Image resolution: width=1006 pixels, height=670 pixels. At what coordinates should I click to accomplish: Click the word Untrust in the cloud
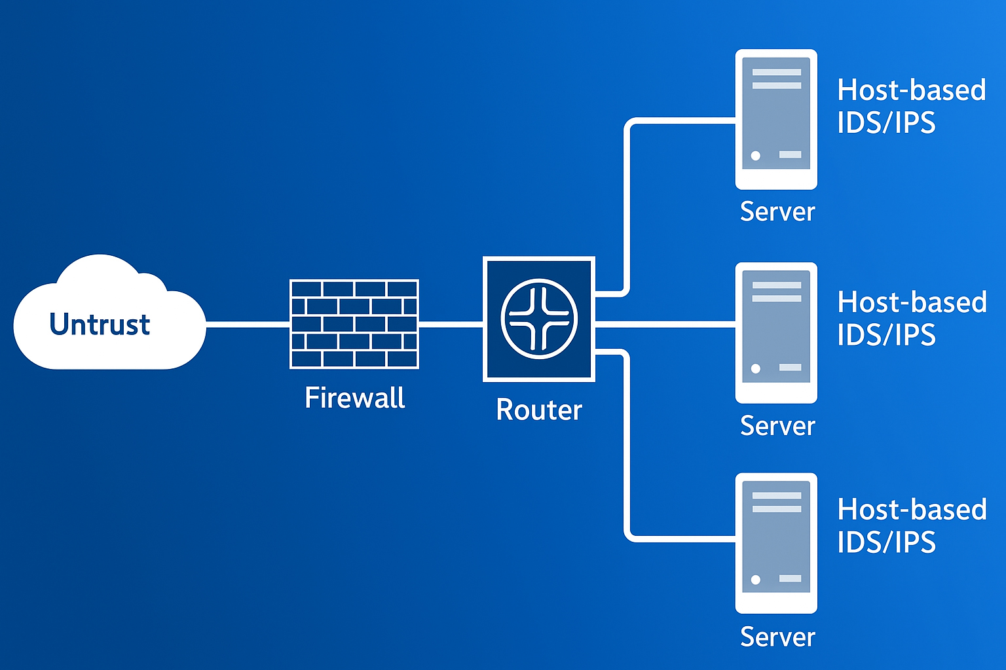(100, 324)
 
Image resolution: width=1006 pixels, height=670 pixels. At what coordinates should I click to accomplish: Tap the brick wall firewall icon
(354, 323)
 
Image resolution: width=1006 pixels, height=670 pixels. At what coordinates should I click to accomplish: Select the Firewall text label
(355, 398)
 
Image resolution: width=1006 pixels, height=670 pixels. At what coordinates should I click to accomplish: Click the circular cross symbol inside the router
(539, 319)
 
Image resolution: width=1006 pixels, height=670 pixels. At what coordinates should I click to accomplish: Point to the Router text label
(539, 410)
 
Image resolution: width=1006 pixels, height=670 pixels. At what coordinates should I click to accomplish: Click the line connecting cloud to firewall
(248, 324)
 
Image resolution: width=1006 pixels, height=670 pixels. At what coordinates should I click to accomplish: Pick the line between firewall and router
(451, 324)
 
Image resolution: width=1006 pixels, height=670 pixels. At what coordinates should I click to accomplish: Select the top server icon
(776, 119)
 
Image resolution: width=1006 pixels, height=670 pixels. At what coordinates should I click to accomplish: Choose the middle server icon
(776, 332)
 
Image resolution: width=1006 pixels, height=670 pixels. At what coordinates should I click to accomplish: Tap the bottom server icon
(776, 543)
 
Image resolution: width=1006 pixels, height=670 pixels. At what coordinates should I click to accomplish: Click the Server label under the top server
(777, 212)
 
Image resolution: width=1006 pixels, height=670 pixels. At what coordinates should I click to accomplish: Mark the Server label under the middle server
(777, 426)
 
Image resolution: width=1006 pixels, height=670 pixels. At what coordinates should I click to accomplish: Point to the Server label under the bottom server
(777, 637)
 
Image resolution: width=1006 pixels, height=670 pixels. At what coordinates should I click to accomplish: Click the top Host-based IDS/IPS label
(911, 106)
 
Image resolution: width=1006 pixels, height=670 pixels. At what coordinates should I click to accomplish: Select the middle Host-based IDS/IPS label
(911, 319)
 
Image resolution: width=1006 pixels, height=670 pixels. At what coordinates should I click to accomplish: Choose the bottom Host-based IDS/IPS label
(911, 526)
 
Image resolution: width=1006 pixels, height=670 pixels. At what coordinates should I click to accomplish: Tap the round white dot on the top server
(756, 156)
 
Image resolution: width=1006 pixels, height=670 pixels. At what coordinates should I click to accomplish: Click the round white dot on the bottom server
(756, 580)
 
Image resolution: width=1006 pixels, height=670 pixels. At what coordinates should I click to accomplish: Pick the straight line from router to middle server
(665, 324)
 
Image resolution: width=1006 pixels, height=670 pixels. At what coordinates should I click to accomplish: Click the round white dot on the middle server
(756, 368)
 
